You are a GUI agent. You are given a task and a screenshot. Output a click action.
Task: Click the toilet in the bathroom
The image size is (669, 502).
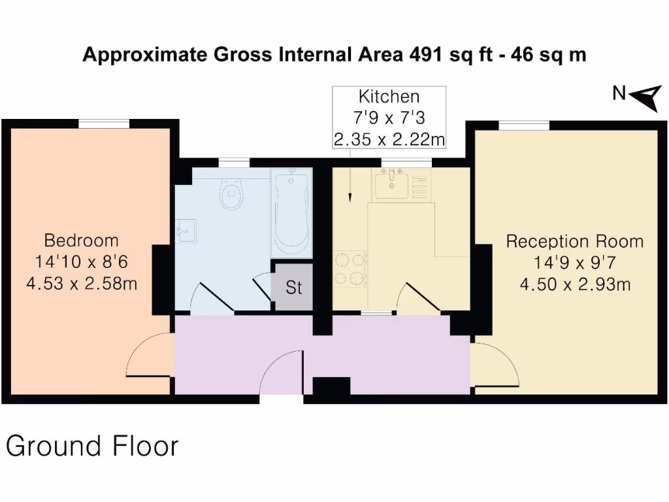pyautogui.click(x=232, y=193)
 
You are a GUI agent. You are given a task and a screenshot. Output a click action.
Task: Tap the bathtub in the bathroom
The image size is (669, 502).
pyautogui.click(x=291, y=212)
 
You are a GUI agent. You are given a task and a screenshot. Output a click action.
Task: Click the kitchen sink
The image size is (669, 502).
pyautogui.click(x=391, y=184)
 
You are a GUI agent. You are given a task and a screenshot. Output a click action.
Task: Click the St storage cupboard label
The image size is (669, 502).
pyautogui.click(x=293, y=288)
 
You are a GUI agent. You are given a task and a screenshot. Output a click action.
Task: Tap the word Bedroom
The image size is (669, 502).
pyautogui.click(x=81, y=241)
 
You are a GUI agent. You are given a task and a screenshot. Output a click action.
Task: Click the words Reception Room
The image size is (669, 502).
pyautogui.click(x=574, y=242)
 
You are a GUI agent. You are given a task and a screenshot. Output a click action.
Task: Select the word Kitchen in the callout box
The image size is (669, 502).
pyautogui.click(x=389, y=97)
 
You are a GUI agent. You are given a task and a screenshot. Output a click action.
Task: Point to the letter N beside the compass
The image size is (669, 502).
pyautogui.click(x=619, y=94)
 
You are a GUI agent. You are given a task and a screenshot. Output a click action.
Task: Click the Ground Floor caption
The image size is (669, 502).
pyautogui.click(x=92, y=446)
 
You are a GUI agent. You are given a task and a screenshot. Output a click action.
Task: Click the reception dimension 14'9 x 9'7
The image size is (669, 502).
pyautogui.click(x=574, y=263)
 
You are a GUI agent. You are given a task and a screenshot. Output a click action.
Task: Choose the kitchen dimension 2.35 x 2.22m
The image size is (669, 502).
pyautogui.click(x=389, y=139)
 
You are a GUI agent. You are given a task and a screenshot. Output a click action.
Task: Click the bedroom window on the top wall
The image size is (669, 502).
pyautogui.click(x=104, y=124)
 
